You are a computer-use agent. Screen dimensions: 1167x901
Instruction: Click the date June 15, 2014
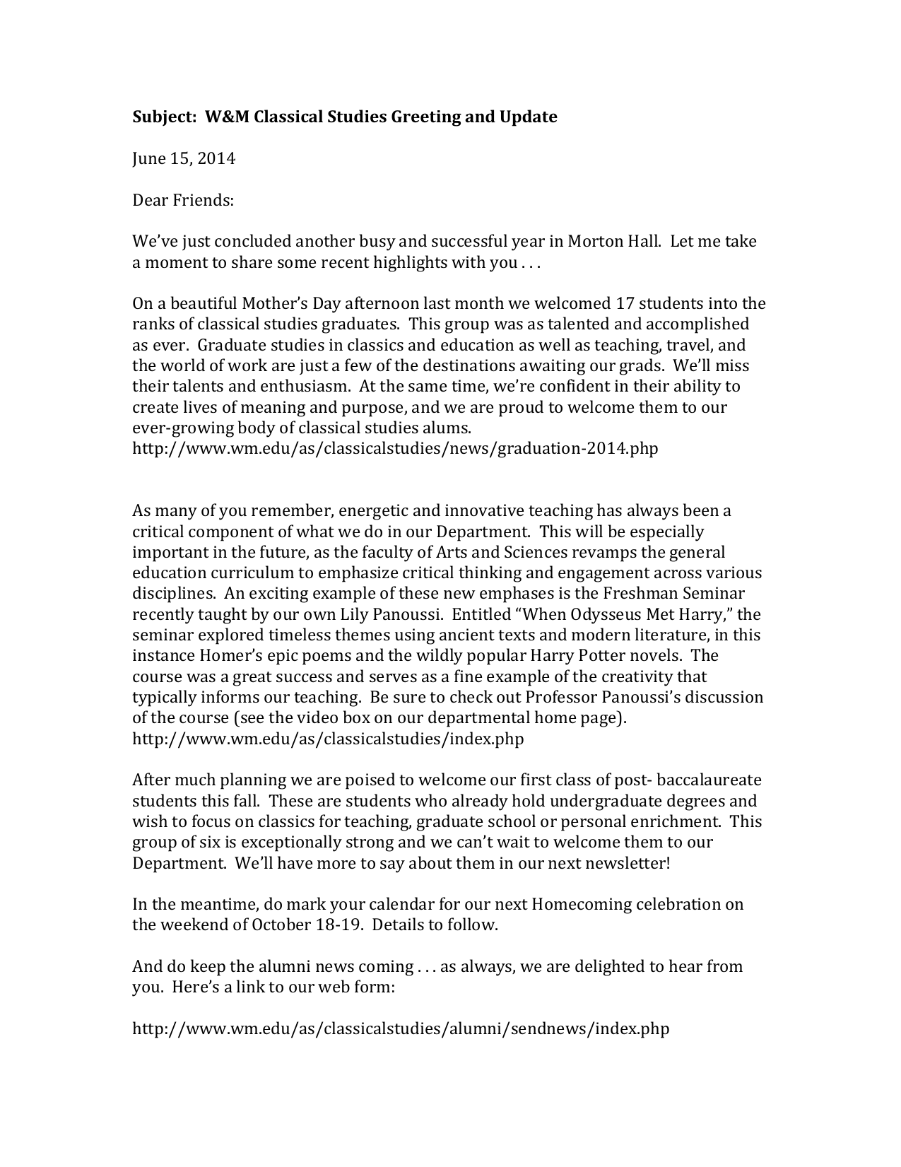(x=184, y=158)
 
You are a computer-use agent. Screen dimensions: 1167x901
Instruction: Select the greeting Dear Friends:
(x=183, y=200)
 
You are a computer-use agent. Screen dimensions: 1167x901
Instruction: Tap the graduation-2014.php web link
(x=395, y=448)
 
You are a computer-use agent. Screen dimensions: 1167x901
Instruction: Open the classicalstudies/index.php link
(x=328, y=739)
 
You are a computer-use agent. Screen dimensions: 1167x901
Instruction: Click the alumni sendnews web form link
(x=401, y=1028)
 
